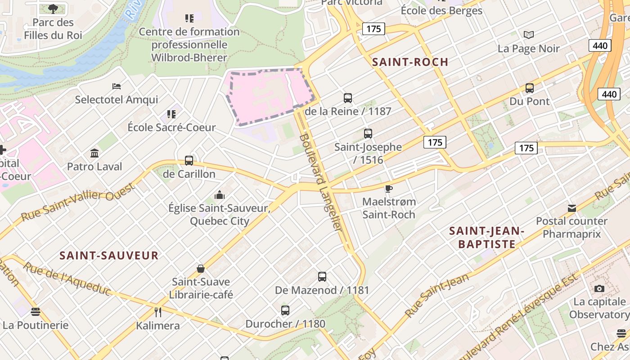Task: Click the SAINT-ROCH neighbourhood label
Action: pos(410,62)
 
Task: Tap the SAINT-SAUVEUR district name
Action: pos(109,256)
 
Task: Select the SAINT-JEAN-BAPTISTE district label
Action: pos(487,238)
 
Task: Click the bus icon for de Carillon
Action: pos(189,161)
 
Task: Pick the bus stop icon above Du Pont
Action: pos(530,88)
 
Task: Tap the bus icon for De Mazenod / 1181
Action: pos(322,277)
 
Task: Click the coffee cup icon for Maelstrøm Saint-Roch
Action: pos(389,189)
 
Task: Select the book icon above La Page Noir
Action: pos(529,35)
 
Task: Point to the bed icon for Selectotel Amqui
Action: pos(117,86)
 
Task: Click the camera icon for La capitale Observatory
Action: pos(599,288)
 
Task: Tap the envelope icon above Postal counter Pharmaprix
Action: pos(572,208)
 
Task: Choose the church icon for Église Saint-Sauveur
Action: pos(220,195)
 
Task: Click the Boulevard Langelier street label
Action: pos(321,182)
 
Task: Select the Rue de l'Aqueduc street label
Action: pos(67,279)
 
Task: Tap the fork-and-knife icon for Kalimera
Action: pos(158,312)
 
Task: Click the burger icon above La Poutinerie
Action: pos(36,312)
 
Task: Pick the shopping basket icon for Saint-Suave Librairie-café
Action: pos(201,269)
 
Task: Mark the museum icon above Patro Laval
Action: pos(94,153)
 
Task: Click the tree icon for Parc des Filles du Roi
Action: pos(53,9)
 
